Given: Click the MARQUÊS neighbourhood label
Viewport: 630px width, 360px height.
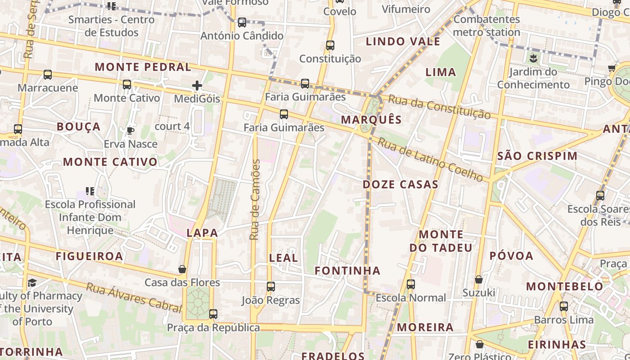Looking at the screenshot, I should click(371, 120).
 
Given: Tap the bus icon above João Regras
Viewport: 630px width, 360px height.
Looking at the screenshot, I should click(270, 287).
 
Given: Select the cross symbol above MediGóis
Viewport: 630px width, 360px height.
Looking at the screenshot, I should click(197, 85).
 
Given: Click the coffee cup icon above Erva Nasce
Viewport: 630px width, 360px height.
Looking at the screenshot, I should click(130, 131).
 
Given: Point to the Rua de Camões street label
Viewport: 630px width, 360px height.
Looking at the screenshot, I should click(255, 199).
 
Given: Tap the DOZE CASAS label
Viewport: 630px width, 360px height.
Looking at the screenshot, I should click(400, 184).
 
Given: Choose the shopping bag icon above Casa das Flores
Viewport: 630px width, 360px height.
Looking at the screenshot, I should click(182, 269).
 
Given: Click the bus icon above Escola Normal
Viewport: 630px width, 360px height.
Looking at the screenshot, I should click(410, 284).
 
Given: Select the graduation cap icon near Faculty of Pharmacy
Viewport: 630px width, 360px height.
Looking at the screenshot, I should click(32, 283).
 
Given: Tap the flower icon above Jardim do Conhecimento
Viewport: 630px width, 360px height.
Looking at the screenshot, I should click(533, 58).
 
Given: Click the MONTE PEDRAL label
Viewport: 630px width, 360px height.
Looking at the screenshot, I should click(143, 67).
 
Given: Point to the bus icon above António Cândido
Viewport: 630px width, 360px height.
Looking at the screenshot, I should click(242, 22).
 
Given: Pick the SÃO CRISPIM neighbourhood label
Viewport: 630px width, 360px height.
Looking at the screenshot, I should click(537, 156).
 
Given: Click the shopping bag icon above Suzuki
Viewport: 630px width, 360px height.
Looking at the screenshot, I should click(479, 279).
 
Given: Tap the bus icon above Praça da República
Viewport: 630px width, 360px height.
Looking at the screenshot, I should click(213, 314).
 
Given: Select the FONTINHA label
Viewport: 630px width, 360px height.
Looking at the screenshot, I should click(347, 270).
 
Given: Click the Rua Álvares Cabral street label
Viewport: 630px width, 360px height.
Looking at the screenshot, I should click(134, 297).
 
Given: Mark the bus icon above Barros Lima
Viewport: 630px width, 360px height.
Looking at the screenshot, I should click(564, 306).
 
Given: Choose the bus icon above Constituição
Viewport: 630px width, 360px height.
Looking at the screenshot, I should click(330, 45).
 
